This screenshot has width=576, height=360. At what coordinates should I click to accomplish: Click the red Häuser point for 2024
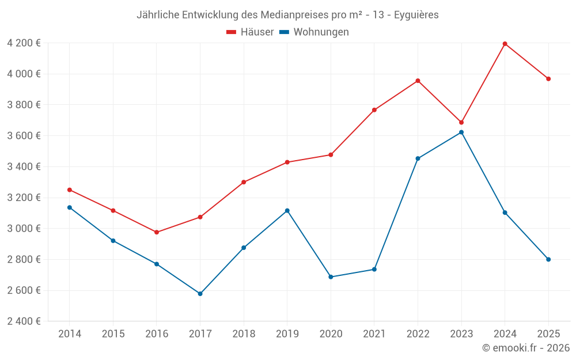(x=505, y=44)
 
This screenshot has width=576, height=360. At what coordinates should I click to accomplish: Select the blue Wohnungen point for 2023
(x=461, y=132)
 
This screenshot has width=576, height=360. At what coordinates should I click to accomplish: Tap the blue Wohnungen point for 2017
(x=200, y=294)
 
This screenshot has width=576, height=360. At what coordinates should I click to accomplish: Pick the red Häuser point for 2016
(x=157, y=232)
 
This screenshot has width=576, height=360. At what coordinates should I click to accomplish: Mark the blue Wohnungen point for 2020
(x=331, y=277)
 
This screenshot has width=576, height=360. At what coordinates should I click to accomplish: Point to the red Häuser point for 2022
(x=418, y=81)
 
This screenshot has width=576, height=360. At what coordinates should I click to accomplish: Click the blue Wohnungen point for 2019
(x=287, y=211)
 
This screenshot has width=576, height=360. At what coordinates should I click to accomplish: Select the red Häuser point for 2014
(x=70, y=190)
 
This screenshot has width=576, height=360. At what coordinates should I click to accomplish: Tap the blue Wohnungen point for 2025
(x=548, y=259)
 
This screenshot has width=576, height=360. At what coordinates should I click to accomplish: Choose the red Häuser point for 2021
(x=374, y=110)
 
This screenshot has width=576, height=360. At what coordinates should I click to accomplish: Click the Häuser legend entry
(x=250, y=32)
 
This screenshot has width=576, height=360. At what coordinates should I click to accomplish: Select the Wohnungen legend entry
(x=314, y=32)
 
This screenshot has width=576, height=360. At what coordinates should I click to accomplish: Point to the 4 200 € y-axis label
(x=24, y=43)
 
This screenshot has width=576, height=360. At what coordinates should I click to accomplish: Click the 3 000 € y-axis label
(x=24, y=229)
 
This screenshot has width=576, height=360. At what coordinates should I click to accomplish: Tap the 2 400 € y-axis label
(x=24, y=321)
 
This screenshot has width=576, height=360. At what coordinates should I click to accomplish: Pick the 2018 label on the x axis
(x=244, y=334)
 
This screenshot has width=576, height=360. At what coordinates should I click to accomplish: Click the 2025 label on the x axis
(x=548, y=334)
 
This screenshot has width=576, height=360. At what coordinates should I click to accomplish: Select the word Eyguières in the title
(x=416, y=15)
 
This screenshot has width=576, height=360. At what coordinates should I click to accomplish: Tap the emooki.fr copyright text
(x=525, y=348)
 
